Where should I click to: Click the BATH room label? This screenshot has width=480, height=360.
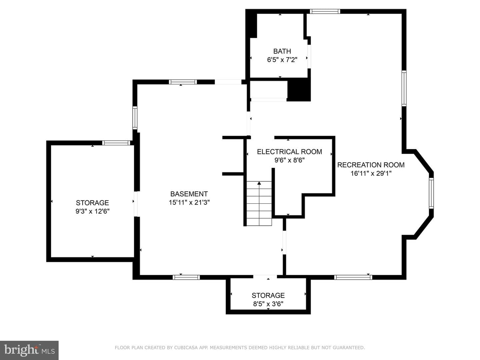(x=282, y=51)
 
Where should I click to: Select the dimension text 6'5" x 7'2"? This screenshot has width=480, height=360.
(x=282, y=60)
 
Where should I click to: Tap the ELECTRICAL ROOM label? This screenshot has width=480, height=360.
(x=289, y=152)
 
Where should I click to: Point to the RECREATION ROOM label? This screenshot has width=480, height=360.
(x=371, y=165)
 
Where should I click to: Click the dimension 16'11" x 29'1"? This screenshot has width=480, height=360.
(x=371, y=173)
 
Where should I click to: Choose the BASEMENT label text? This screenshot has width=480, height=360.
(x=189, y=194)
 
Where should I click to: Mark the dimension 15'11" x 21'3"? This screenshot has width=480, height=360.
(x=189, y=202)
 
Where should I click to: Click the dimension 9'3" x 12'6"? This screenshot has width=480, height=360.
(x=92, y=211)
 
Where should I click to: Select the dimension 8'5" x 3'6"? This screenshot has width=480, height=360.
(x=268, y=304)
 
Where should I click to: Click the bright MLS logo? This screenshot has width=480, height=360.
(x=29, y=350)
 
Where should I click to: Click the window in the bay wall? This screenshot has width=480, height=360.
(x=431, y=193)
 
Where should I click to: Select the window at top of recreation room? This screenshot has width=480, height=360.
(x=325, y=11)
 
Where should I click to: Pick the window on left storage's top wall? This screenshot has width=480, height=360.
(x=116, y=143)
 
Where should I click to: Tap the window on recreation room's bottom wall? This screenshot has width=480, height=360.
(x=353, y=277)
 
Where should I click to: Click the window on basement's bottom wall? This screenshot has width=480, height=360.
(x=186, y=277)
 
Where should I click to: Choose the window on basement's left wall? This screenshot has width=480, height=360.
(x=135, y=118)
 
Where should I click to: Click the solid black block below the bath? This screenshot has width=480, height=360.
(x=299, y=90)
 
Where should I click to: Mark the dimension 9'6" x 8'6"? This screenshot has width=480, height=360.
(x=289, y=160)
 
